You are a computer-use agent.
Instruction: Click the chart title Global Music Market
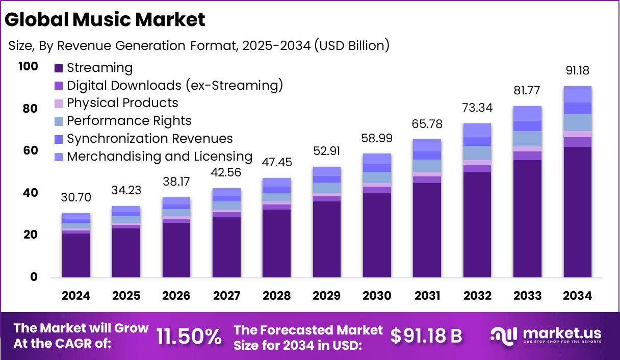pyautogui.click(x=105, y=19)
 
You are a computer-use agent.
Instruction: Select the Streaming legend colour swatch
pyautogui.click(x=59, y=68)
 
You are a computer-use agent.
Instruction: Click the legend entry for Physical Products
pyautogui.click(x=122, y=103)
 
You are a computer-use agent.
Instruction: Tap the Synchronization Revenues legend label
pyautogui.click(x=149, y=139)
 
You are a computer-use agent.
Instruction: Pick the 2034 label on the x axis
pyautogui.click(x=577, y=296)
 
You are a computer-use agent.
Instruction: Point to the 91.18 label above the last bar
pyautogui.click(x=577, y=70)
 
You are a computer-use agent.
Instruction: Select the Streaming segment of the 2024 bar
pyautogui.click(x=76, y=255)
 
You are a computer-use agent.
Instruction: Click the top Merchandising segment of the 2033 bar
pyautogui.click(x=527, y=113)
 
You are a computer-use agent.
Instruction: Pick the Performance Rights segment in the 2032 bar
pyautogui.click(x=477, y=152)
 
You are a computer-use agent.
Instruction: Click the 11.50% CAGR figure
pyautogui.click(x=189, y=337)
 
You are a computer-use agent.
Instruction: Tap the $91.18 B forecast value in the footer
pyautogui.click(x=426, y=336)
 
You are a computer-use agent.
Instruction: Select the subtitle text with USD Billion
pyautogui.click(x=199, y=45)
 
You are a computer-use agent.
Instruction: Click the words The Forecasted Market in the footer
pyautogui.click(x=308, y=330)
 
